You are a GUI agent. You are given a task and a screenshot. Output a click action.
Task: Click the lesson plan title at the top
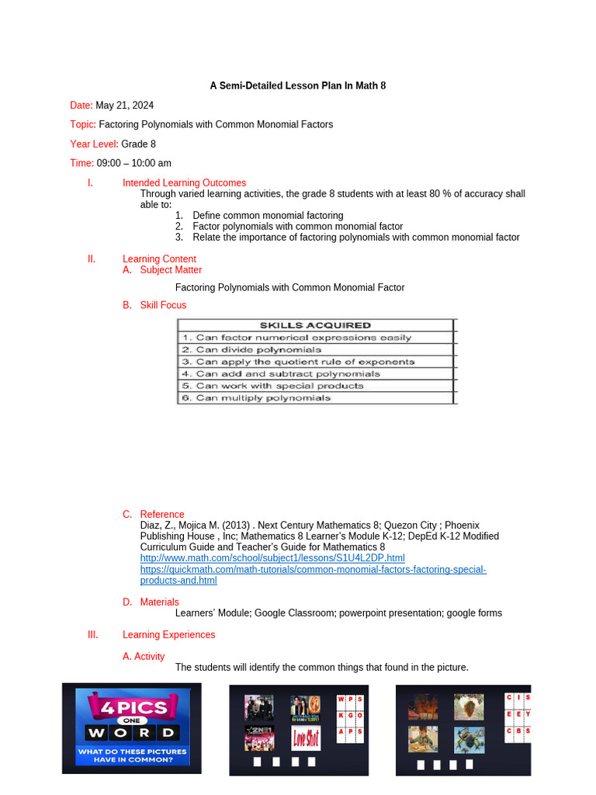point(298,86)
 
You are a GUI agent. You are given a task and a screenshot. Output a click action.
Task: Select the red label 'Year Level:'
point(94,144)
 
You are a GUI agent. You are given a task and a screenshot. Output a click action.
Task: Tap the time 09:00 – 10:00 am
point(133,163)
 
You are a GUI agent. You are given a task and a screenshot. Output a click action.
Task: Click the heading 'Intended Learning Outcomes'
point(184,183)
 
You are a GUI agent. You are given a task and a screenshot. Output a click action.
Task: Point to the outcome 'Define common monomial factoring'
point(268,216)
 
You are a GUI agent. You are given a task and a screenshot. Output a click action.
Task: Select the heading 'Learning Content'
point(159,259)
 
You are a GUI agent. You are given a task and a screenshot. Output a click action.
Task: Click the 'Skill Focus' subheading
point(163,305)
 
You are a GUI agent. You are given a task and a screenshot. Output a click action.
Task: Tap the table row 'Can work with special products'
point(279,386)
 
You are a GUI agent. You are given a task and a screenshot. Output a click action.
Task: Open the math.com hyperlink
point(272,558)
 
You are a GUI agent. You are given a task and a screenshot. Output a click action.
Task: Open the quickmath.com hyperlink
point(313,569)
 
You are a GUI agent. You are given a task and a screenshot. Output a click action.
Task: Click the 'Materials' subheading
point(159,602)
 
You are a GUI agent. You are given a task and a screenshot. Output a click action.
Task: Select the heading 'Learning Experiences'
point(168,634)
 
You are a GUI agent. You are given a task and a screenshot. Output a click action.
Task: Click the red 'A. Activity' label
point(144,656)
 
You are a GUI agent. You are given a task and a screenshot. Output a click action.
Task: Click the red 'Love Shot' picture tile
point(306,738)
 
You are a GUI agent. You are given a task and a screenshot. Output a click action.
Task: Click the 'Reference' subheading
point(162,514)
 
